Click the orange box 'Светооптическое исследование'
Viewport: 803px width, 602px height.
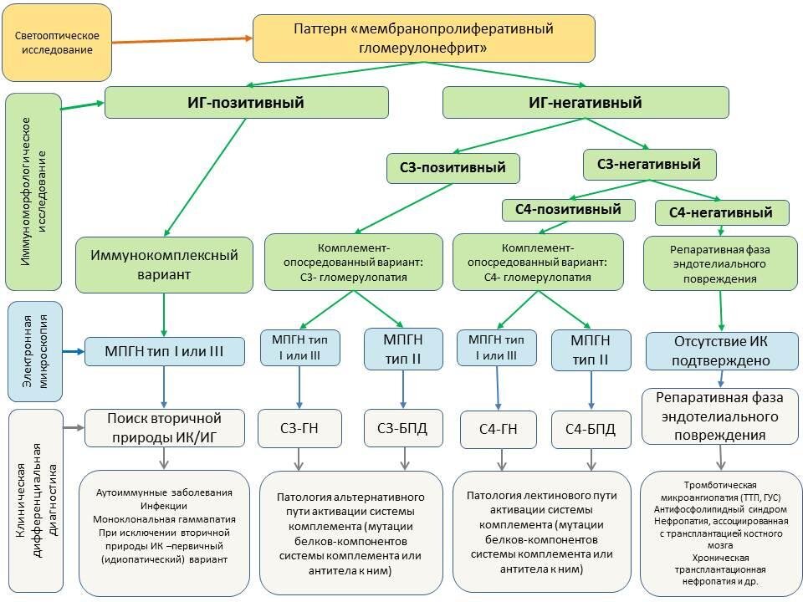(57, 43)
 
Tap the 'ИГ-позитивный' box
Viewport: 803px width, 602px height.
(245, 103)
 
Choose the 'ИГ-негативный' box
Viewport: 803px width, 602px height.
(586, 103)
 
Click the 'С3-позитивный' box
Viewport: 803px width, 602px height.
(453, 168)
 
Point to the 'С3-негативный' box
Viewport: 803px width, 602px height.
(649, 164)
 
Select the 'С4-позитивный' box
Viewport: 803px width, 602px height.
(568, 209)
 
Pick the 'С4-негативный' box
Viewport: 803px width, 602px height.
(720, 212)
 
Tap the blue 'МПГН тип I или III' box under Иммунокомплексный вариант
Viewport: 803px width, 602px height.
(164, 352)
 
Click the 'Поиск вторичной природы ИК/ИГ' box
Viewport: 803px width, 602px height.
(164, 427)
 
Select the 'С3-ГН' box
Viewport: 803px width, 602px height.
(299, 429)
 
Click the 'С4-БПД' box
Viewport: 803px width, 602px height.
(590, 429)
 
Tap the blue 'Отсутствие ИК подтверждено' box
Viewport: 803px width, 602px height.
(721, 350)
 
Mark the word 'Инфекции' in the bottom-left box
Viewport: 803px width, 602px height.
(164, 506)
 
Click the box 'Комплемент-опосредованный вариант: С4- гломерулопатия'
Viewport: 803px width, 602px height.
(537, 262)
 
